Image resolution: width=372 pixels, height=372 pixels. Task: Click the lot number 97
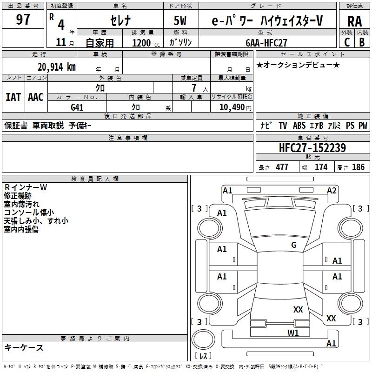click(23, 20)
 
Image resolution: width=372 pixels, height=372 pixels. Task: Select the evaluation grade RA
click(355, 21)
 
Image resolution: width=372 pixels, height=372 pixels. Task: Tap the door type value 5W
click(180, 21)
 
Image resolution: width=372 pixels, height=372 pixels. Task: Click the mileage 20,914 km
click(56, 66)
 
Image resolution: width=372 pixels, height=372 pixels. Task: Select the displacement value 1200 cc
click(145, 43)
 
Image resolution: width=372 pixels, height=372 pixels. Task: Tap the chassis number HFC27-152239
click(312, 148)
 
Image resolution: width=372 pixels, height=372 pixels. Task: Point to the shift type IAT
click(13, 97)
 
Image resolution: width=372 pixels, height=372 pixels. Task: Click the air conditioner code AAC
click(36, 97)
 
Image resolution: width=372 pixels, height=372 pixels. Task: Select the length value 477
click(282, 167)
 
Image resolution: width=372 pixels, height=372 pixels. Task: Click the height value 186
click(358, 167)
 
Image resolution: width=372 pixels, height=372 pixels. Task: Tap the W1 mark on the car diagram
click(293, 332)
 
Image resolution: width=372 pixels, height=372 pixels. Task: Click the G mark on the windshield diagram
click(293, 245)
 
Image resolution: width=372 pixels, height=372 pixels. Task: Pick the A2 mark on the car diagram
click(332, 190)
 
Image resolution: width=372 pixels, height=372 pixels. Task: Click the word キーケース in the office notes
click(24, 348)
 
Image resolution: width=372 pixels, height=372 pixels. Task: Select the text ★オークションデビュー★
click(298, 65)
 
